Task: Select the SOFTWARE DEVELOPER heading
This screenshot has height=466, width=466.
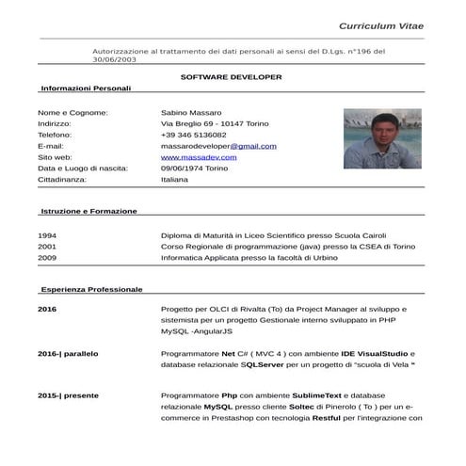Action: (231, 75)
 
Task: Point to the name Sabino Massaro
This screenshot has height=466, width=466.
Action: (192, 113)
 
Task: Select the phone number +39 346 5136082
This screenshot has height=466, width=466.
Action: (200, 136)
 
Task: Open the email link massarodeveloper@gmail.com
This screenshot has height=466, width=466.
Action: (218, 147)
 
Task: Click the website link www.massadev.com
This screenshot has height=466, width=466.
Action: (199, 157)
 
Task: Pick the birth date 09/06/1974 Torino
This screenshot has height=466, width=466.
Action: (207, 169)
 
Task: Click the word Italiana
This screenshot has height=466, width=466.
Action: (175, 179)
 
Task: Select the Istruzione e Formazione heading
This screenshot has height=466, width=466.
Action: (88, 212)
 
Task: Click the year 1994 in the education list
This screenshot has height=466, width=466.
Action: (47, 235)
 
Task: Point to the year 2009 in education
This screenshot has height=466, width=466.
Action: (47, 257)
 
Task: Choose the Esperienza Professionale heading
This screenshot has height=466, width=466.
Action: (91, 289)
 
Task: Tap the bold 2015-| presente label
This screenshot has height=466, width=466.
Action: (68, 395)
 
